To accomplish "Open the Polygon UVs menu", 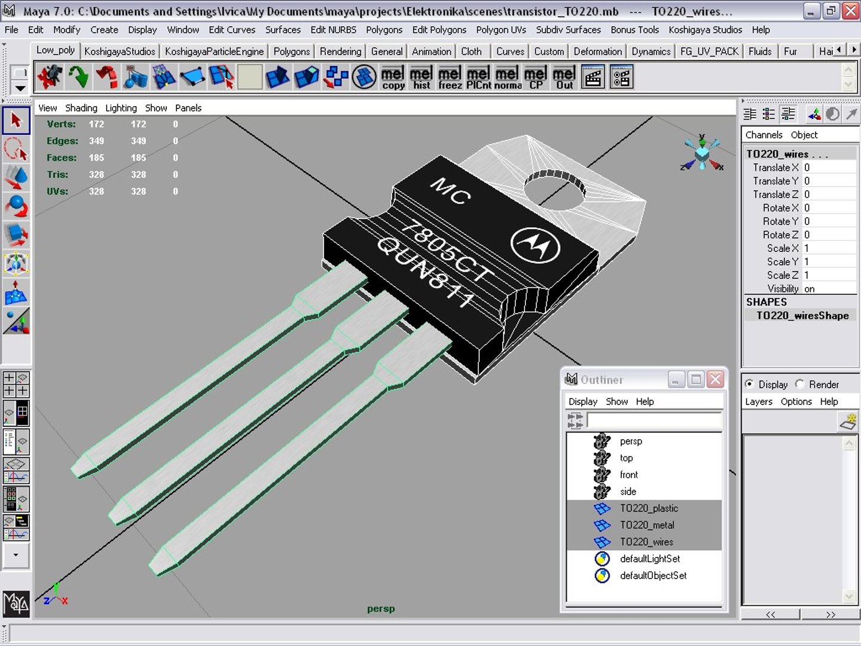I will coord(501,30).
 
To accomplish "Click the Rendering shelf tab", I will coord(340,51).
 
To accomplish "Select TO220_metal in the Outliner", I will coord(647,525).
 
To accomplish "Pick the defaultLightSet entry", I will coord(650,559).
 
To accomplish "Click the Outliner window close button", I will coord(715,379).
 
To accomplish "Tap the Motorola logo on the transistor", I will coord(535,244).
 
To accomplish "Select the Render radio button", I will coord(800,384).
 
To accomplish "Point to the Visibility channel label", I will coord(783,289).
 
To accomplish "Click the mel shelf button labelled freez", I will coord(450,78).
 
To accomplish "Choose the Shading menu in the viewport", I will coord(81,108).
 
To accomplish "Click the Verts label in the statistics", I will coord(61,124).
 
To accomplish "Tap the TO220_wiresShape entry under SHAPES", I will coord(802,316).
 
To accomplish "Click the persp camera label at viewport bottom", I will coord(381,609).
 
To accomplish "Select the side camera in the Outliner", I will coord(628,492).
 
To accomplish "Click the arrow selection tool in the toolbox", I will coord(16,120).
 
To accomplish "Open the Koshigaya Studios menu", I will coord(705,30).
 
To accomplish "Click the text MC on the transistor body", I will coord(451,191).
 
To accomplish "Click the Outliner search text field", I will coord(654,420).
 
